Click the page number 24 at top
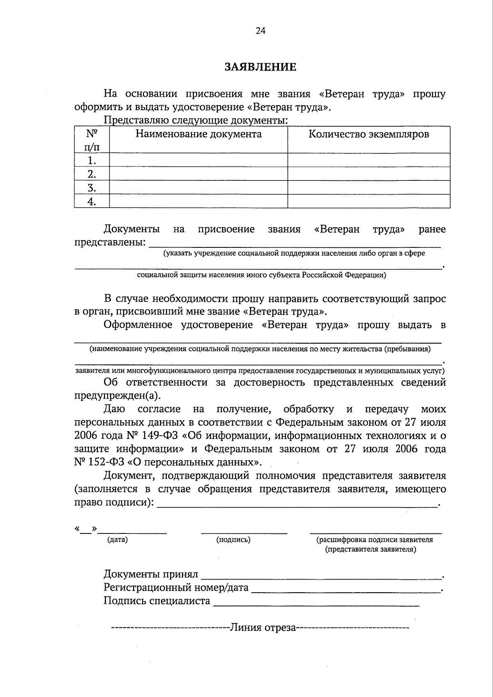(x=260, y=31)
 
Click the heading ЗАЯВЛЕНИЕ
(x=260, y=67)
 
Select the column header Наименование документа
(x=198, y=134)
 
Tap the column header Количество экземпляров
(x=369, y=134)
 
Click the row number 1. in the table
(x=92, y=160)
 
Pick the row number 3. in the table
(x=92, y=188)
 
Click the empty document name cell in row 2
(x=198, y=174)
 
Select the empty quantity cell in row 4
(x=369, y=201)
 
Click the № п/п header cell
(x=92, y=140)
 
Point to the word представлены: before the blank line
(x=110, y=242)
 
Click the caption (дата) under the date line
(x=117, y=540)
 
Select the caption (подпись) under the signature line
(x=233, y=540)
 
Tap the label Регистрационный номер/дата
(x=176, y=588)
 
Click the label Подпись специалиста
(x=157, y=601)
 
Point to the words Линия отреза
(x=263, y=628)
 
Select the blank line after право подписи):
(x=298, y=504)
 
